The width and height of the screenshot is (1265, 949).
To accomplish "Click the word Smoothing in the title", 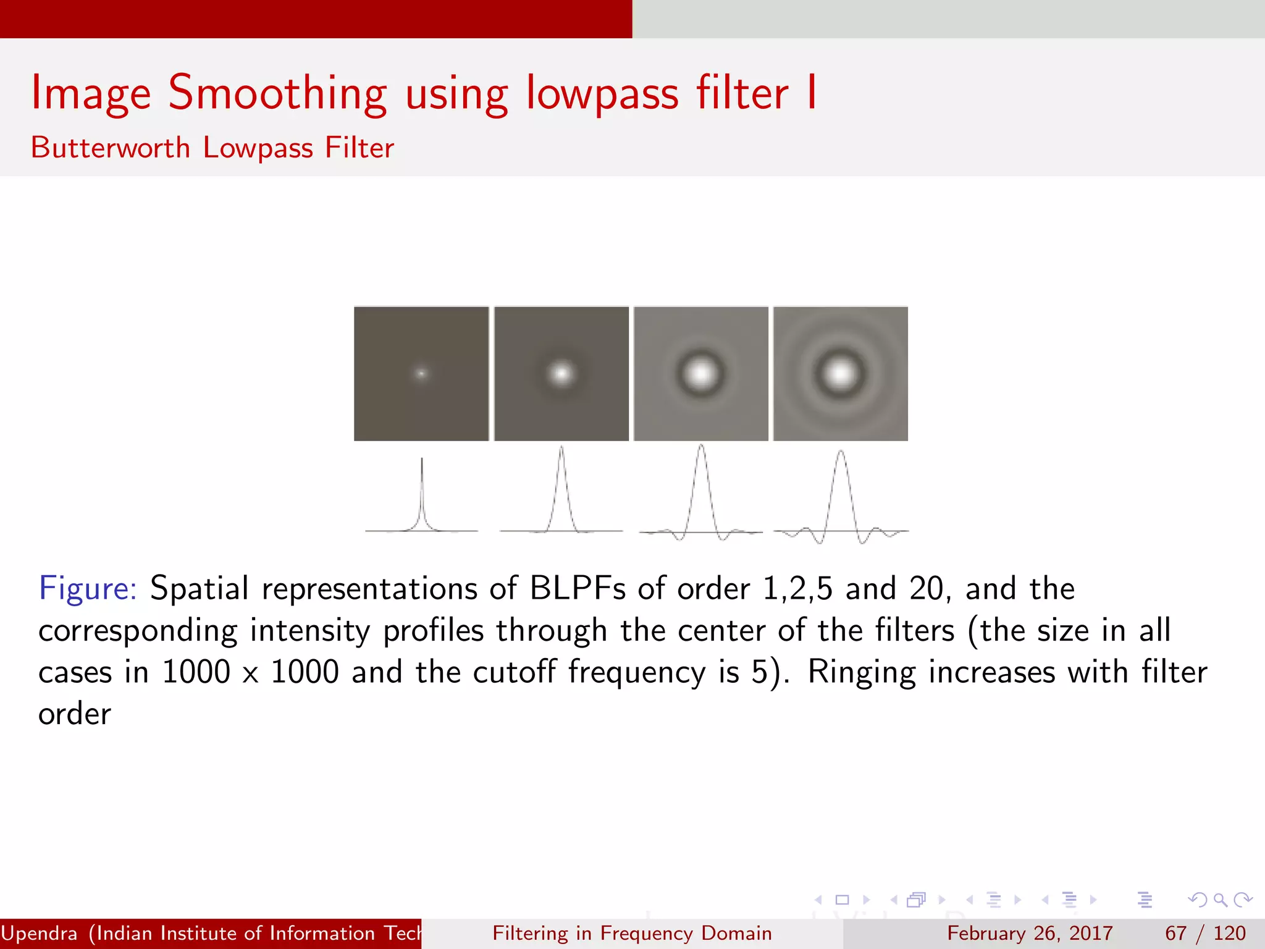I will (x=277, y=94).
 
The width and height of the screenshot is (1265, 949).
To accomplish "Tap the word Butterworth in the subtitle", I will (x=111, y=148).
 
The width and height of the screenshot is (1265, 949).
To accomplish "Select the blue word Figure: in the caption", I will (x=87, y=588).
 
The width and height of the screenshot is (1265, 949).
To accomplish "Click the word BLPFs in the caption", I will (x=578, y=588).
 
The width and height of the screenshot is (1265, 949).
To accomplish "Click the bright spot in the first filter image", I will (x=421, y=373).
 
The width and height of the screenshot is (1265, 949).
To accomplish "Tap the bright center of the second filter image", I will (x=561, y=373).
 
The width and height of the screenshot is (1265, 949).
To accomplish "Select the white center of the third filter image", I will (x=701, y=373).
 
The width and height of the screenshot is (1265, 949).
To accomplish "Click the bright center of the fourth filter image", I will (x=841, y=373).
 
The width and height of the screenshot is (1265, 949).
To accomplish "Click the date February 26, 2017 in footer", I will (x=1030, y=933).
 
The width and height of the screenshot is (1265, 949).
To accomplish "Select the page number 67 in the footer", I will (x=1175, y=933).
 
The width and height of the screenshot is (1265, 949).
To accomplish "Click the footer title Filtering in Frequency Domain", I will (x=632, y=933).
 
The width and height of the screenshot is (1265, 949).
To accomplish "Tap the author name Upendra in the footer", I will (x=40, y=933).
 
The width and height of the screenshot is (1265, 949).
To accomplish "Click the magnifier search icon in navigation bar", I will (x=1220, y=900).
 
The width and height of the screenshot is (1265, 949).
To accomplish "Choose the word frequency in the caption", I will (x=636, y=672).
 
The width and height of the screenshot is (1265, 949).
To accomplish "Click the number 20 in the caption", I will (x=926, y=588).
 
